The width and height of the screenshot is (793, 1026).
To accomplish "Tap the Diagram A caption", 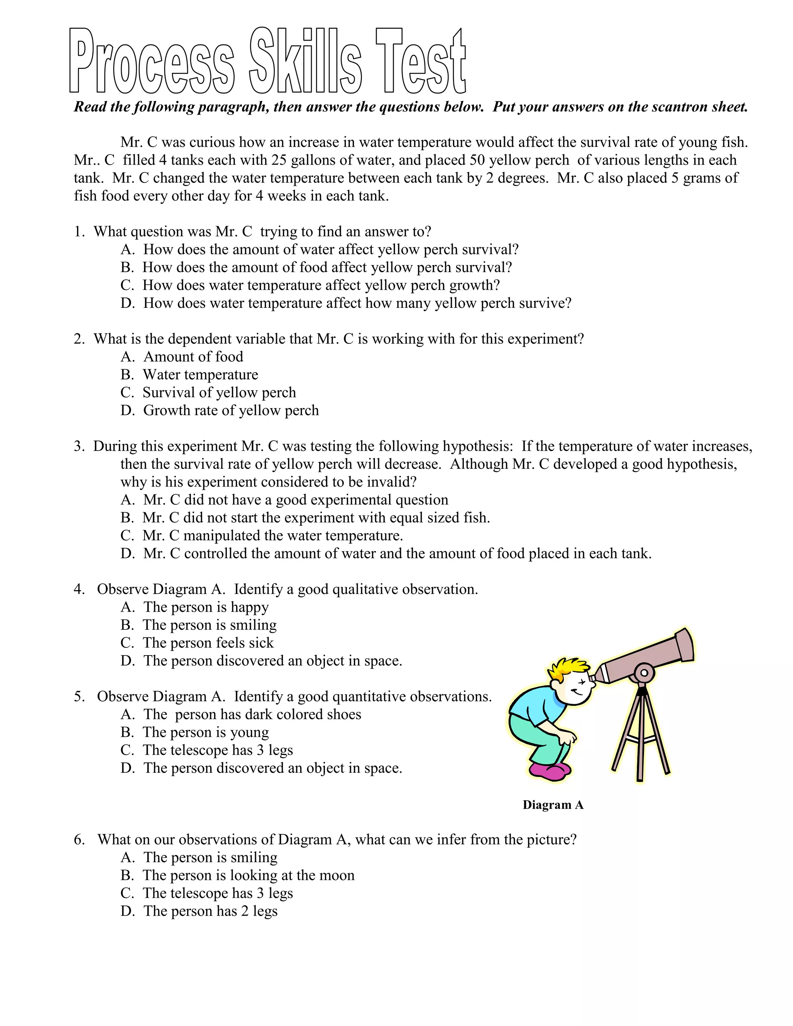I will point(553,805).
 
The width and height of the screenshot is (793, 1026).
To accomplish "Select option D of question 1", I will point(346,303).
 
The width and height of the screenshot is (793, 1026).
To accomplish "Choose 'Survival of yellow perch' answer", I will point(219,392).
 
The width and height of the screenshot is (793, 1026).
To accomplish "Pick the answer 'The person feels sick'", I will point(208,643).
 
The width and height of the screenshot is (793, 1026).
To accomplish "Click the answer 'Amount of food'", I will point(193,357).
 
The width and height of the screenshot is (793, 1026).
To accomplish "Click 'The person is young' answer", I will point(206,732).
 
